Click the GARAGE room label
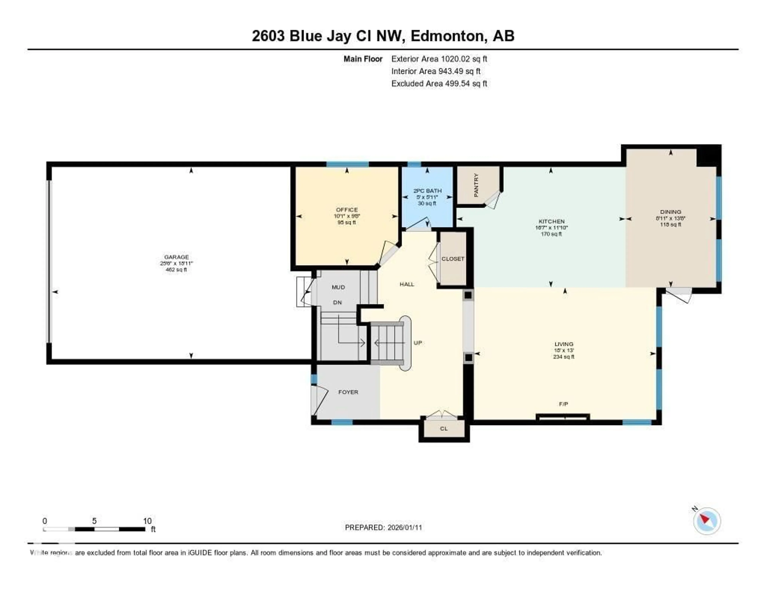[x=176, y=257]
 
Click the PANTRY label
[x=476, y=185]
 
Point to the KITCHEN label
[x=551, y=221]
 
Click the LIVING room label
[x=564, y=344]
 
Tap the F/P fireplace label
[x=563, y=404]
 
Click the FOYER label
[x=348, y=392]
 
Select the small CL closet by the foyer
[x=444, y=428]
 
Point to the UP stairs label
[x=417, y=343]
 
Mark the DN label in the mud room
[x=337, y=302]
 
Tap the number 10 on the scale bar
[x=147, y=521]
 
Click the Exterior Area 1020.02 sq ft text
[x=439, y=59]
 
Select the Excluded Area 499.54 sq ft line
[x=439, y=83]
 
